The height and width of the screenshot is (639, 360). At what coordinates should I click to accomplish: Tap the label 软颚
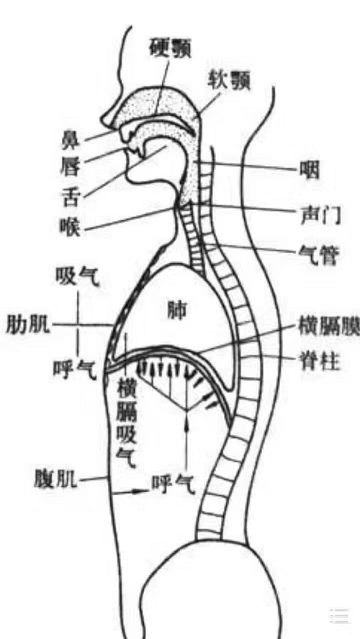pos(229,81)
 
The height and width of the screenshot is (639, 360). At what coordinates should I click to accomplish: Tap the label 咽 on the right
pos(310,171)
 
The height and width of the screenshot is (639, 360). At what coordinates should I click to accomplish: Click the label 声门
pos(319,214)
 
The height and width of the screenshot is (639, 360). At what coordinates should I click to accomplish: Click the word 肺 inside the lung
pos(176,311)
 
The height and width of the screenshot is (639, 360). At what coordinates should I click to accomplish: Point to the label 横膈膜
pos(330,327)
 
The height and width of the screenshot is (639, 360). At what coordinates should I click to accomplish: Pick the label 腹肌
pos(56,480)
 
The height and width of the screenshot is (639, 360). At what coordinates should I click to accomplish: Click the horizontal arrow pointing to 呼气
pos(130,492)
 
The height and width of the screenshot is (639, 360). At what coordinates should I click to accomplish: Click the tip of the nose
pos(103,120)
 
